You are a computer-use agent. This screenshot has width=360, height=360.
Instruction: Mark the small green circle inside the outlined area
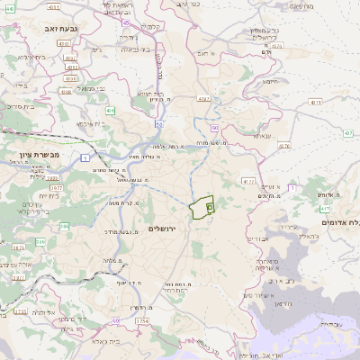click(x=210, y=207)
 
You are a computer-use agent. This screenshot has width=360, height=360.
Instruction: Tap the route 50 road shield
click(x=158, y=122)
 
